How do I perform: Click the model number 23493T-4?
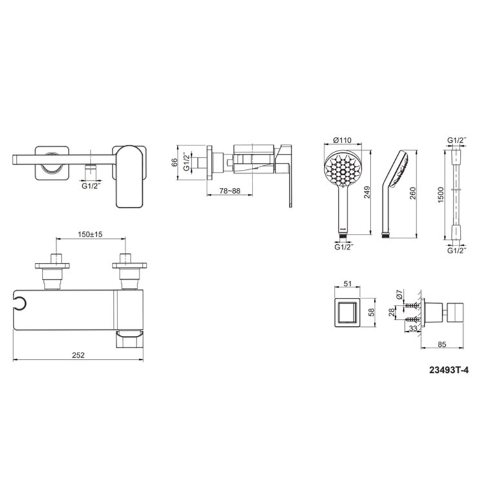(x=449, y=370)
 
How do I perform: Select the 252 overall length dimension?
(x=78, y=355)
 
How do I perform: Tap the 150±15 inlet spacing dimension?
(x=90, y=234)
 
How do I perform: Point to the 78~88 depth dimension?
(x=230, y=191)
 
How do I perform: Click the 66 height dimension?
(x=174, y=162)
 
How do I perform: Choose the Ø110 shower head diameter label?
(x=342, y=140)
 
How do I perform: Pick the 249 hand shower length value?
(x=367, y=192)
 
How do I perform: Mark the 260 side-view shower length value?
(x=413, y=193)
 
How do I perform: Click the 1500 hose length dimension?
(x=440, y=195)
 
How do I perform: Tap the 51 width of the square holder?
(x=347, y=284)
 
